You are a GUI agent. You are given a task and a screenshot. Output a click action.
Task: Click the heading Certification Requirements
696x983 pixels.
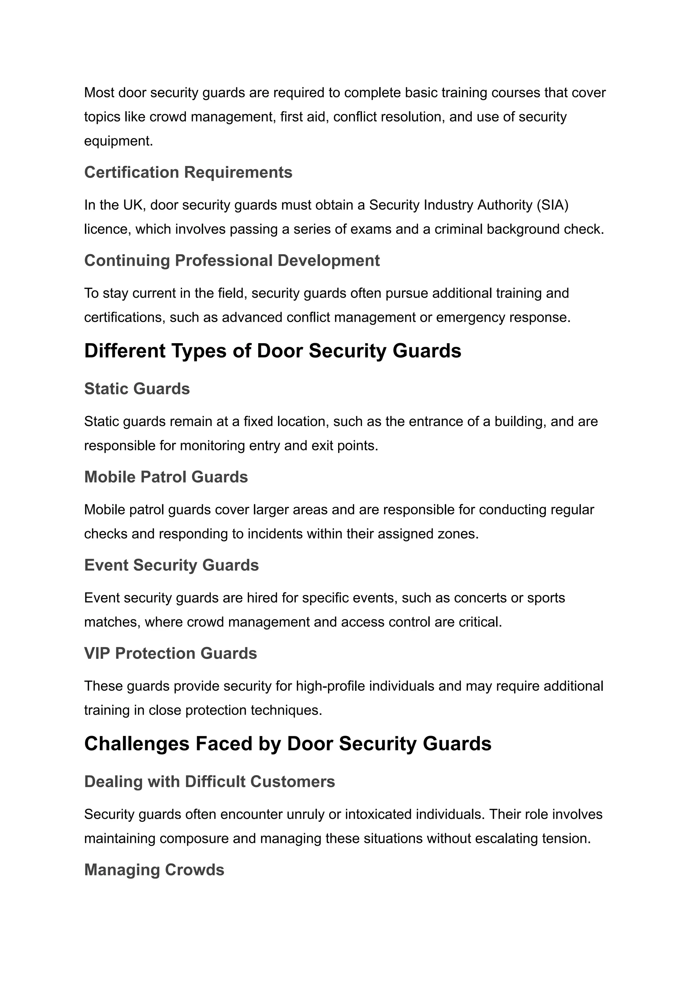tap(188, 172)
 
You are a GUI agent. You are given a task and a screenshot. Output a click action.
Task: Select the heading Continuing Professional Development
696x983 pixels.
tap(232, 261)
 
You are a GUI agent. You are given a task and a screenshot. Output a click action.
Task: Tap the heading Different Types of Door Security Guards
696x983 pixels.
tap(273, 351)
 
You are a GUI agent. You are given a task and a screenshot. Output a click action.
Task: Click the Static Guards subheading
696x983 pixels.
tap(137, 389)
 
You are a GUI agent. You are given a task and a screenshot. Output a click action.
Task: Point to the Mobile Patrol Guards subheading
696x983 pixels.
tap(166, 477)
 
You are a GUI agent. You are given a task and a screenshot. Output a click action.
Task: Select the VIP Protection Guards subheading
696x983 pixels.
tap(171, 653)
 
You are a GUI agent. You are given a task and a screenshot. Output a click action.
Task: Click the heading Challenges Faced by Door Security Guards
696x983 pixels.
tap(288, 743)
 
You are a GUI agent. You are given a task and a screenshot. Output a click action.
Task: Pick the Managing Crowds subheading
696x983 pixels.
tap(154, 870)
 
